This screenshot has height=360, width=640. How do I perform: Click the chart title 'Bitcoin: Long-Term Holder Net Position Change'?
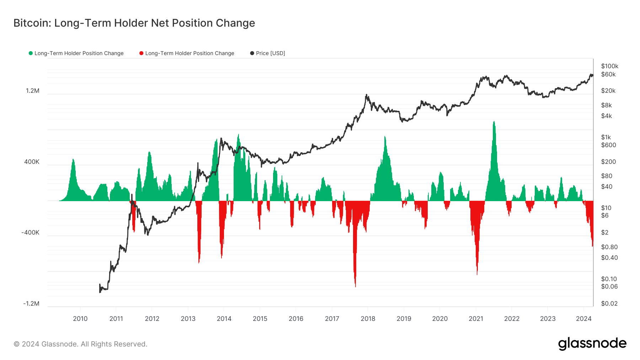(134, 23)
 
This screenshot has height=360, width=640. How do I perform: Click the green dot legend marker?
(31, 53)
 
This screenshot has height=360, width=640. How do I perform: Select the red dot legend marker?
(141, 53)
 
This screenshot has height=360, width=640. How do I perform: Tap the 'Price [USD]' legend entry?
(270, 53)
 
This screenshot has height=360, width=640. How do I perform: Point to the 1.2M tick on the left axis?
(33, 91)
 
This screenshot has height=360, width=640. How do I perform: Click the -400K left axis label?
(31, 233)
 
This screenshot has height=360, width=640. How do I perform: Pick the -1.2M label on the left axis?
(31, 303)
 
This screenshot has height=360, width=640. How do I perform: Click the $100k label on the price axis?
(609, 66)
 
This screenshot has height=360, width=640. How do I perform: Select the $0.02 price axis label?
(609, 303)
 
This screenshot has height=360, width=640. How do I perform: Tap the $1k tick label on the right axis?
(606, 137)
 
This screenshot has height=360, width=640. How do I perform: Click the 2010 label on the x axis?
(80, 319)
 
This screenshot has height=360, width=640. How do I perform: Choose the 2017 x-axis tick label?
(332, 319)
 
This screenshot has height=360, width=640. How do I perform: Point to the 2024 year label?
(583, 319)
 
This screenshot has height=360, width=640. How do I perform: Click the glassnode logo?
(592, 344)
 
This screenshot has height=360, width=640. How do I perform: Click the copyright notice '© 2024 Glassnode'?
(80, 344)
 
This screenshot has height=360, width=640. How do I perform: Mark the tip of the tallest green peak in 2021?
(494, 122)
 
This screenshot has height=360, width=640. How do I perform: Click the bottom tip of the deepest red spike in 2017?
(355, 286)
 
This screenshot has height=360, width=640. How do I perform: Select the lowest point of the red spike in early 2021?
(477, 274)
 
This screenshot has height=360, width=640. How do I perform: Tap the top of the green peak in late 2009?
(73, 159)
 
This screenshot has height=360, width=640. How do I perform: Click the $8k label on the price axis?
(606, 105)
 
